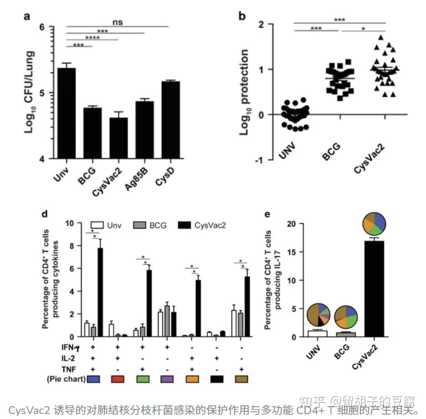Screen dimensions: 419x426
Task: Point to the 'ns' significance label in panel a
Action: tap(118, 21)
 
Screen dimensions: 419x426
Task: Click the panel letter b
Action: tap(242, 16)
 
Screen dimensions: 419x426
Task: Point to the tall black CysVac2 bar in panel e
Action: tap(373, 289)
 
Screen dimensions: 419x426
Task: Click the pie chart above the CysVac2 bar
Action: tap(374, 222)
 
